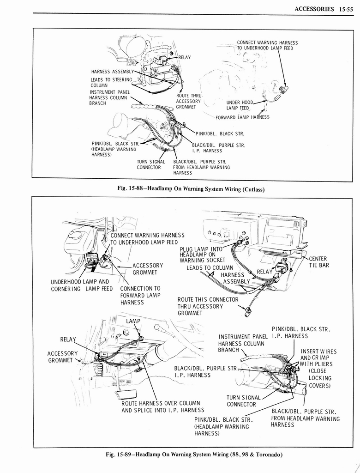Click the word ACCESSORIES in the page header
click(x=313, y=8)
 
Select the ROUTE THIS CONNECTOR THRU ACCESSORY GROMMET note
click(x=208, y=306)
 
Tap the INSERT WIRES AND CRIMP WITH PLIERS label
click(x=318, y=358)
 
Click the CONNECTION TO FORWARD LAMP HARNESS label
click(x=140, y=295)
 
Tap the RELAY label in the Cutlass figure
click(x=184, y=57)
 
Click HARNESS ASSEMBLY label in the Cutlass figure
click(x=112, y=71)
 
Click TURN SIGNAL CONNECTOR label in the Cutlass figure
click(x=149, y=164)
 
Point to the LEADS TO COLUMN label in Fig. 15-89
click(x=210, y=268)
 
